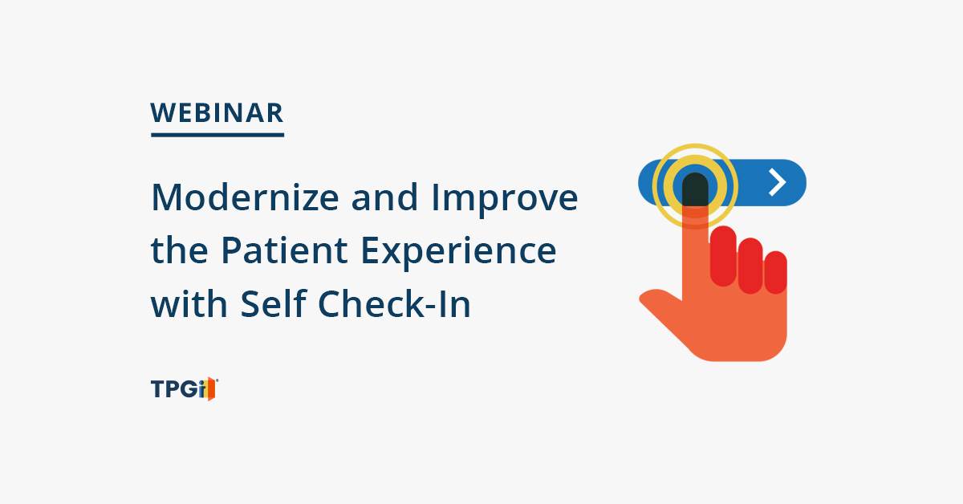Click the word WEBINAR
[x=217, y=113]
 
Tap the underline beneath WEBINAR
[x=217, y=135]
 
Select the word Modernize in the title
[x=245, y=197]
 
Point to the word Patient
[x=284, y=250]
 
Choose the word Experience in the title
[x=459, y=254]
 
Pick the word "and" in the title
[x=384, y=197]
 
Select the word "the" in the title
[x=179, y=250]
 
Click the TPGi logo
[x=185, y=388]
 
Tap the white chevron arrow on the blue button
[x=777, y=182]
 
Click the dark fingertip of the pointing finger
[x=695, y=189]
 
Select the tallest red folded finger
[x=723, y=256]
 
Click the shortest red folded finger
[x=775, y=272]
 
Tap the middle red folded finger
[x=750, y=266]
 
